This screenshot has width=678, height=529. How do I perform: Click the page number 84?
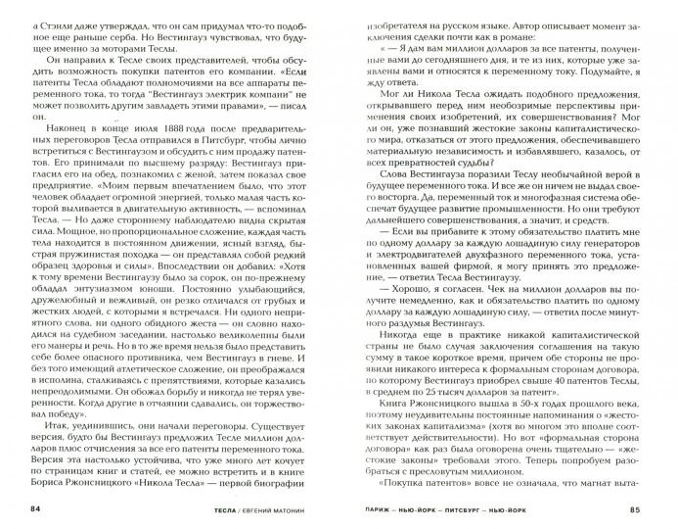point(37,508)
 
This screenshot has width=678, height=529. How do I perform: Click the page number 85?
point(640,508)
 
